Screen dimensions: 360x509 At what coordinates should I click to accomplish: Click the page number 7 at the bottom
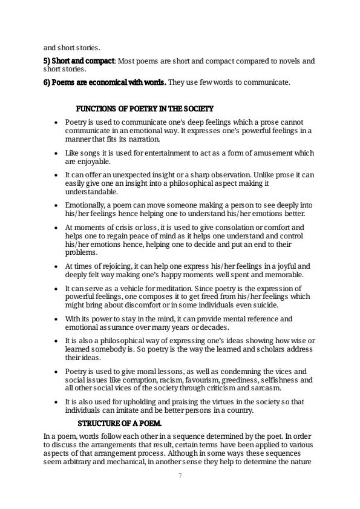click(x=180, y=476)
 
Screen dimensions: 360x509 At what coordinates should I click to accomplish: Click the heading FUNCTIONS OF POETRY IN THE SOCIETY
click(x=145, y=109)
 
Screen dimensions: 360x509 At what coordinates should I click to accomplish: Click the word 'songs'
click(x=87, y=154)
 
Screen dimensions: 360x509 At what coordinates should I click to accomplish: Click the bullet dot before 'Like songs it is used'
click(x=56, y=154)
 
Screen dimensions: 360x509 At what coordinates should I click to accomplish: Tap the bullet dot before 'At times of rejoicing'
click(x=56, y=266)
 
